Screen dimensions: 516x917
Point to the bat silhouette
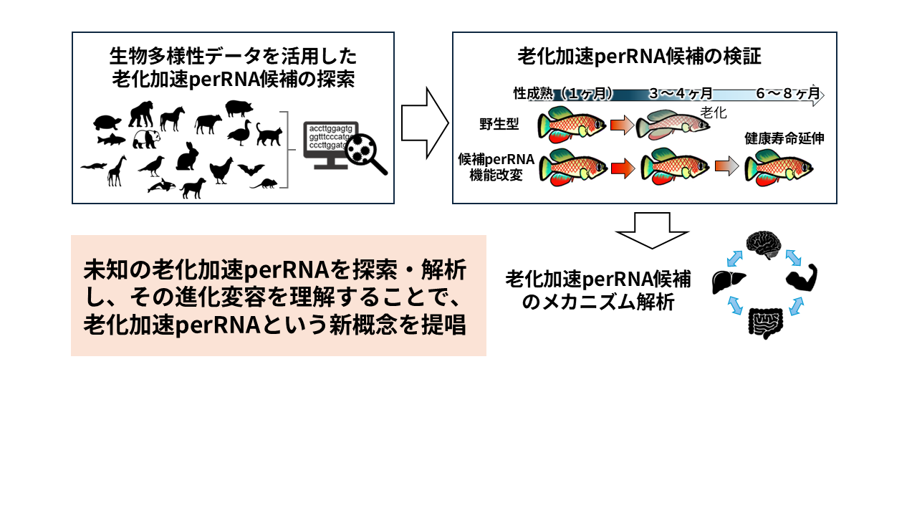251,169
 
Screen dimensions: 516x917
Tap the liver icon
729,281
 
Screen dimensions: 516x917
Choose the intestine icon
766,322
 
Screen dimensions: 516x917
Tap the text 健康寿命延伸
784,138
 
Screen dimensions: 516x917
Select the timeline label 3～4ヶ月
681,94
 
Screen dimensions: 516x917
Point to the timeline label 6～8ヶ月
787,94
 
